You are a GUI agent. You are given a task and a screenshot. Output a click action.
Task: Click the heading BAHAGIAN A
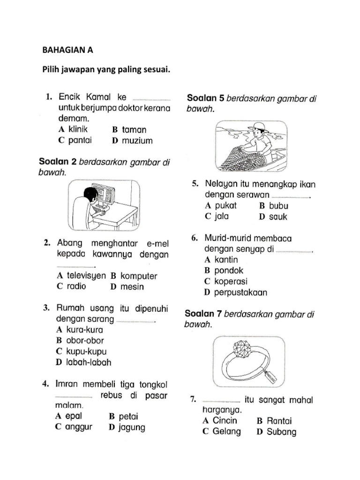[x=67, y=50]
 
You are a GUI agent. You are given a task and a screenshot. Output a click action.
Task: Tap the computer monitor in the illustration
[x=104, y=194]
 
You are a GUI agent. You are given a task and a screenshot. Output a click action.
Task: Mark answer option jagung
[x=132, y=427]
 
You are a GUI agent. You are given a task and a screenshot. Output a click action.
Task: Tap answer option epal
[x=74, y=416]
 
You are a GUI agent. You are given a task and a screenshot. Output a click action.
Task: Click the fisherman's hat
[x=257, y=127]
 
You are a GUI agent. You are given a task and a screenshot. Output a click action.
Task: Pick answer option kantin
[x=226, y=260]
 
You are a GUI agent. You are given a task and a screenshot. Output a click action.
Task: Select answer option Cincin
[x=225, y=420]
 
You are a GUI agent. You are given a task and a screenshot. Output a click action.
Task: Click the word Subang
[x=281, y=432]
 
